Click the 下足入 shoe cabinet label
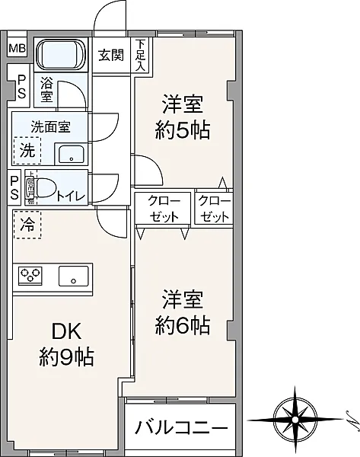[x=141, y=55]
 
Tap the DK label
[x=65, y=331]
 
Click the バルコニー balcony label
[x=181, y=427]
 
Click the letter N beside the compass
[x=343, y=417]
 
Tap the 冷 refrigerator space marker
[x=27, y=225]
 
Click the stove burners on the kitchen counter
[x=30, y=274]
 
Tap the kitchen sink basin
[x=74, y=276]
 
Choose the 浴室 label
[x=47, y=90]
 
